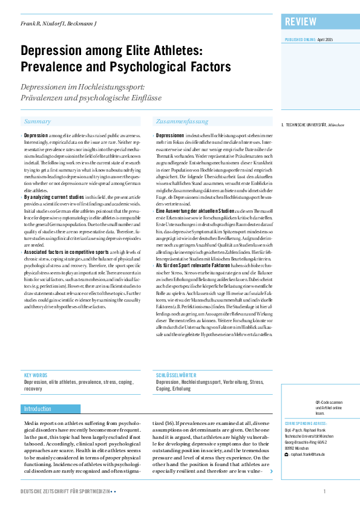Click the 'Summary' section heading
point(38,122)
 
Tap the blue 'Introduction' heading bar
point(38,409)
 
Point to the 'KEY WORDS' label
point(34,375)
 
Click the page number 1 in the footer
point(325,491)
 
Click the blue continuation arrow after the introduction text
point(270,470)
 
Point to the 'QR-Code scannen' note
point(329,401)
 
